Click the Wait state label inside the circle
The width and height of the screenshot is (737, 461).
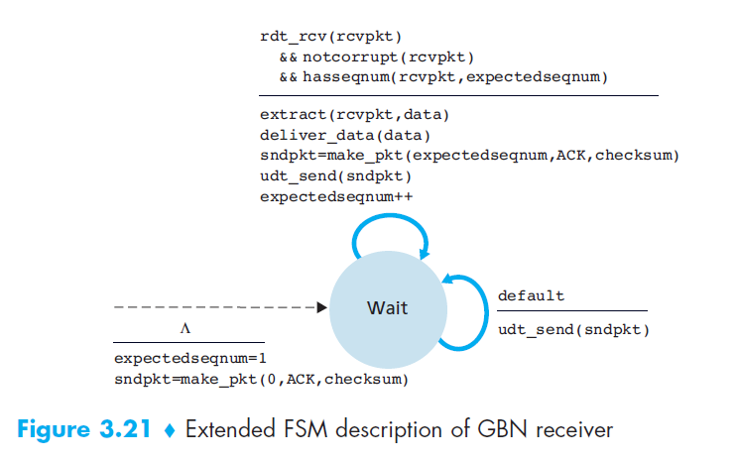(387, 308)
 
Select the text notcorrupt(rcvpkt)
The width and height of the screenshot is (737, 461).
(389, 56)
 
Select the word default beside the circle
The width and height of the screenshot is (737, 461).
(531, 295)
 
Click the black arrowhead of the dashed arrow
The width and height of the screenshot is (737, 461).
(320, 307)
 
